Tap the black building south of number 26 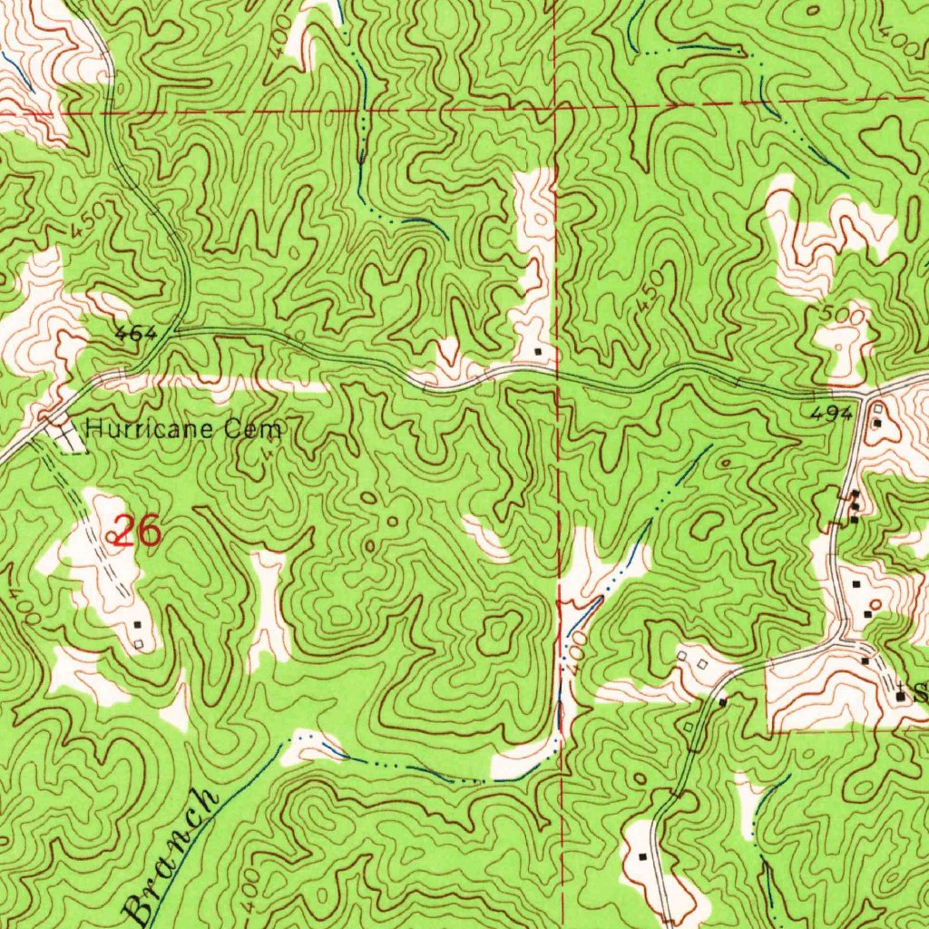137,625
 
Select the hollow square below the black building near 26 138,644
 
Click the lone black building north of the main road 539,351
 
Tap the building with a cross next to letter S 900,696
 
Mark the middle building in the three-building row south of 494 854,506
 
